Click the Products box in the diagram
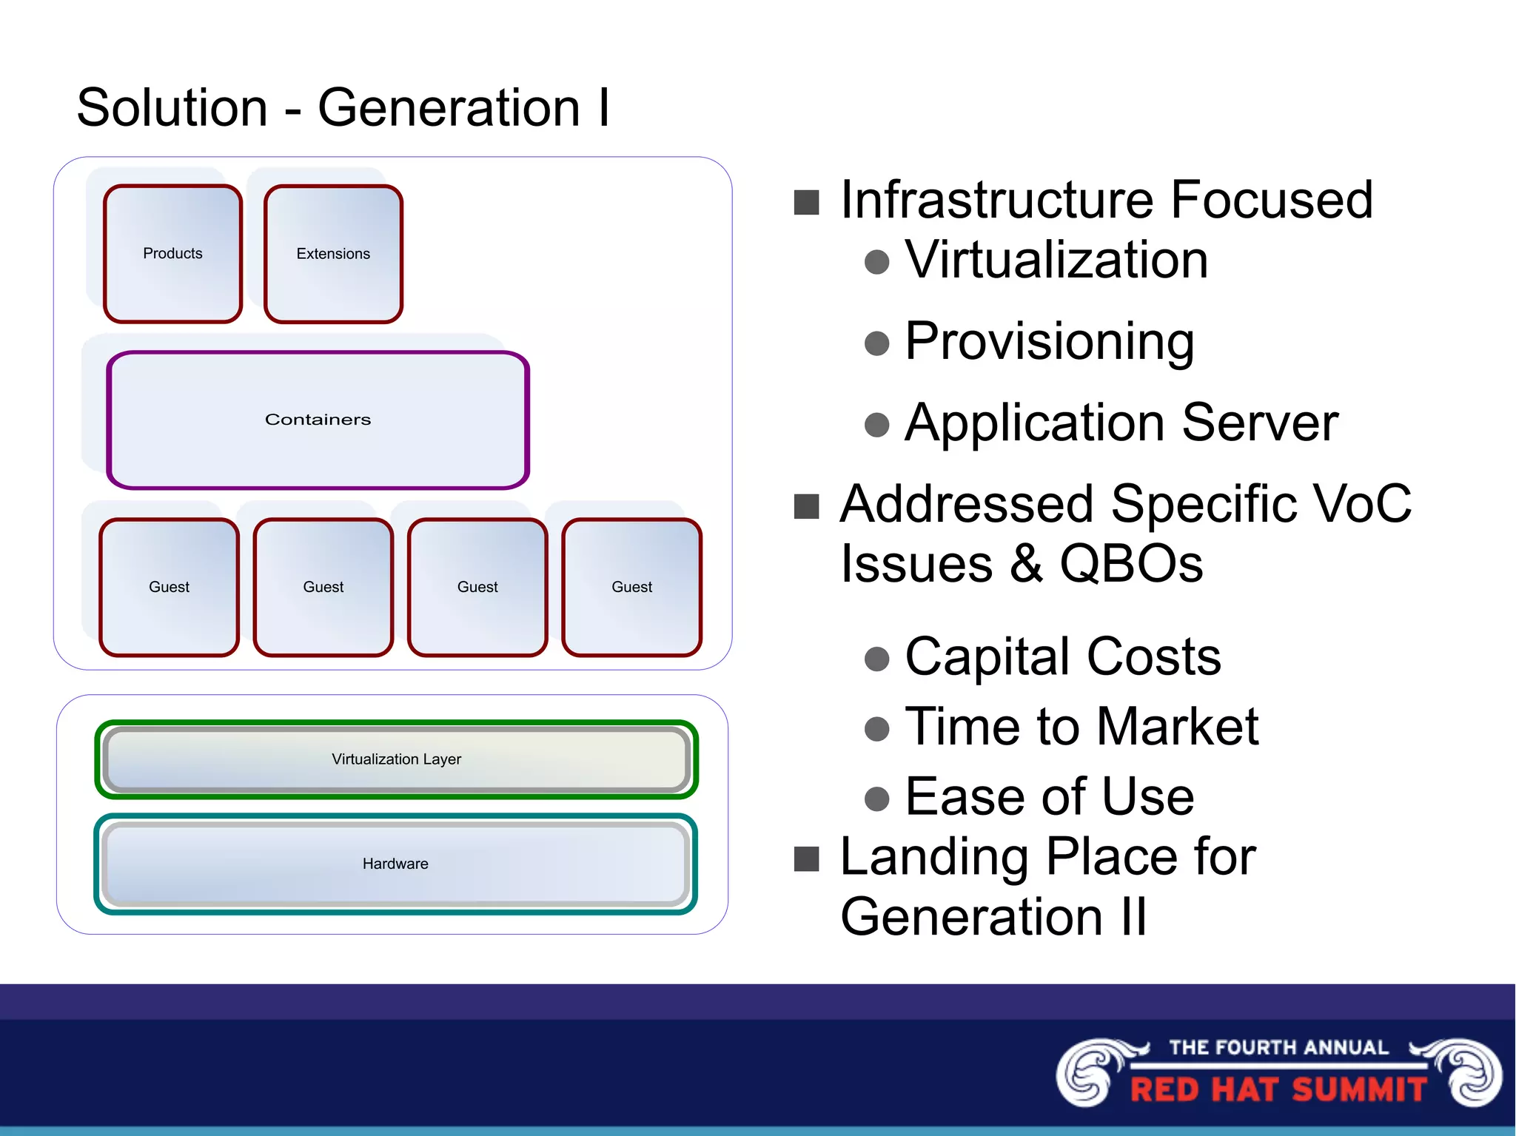172,254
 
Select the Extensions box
333,254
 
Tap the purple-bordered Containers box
318,420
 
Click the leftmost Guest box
169,587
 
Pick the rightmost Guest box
631,587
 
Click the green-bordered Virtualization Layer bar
396,759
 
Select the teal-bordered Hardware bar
396,864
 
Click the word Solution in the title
172,108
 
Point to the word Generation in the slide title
449,108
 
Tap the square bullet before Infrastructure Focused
806,202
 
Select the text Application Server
1121,423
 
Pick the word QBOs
1131,564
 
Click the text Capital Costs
1063,656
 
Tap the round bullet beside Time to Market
876,728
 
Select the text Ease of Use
1049,797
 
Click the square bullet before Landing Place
806,859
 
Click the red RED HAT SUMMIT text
1278,1090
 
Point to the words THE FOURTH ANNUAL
1278,1047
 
